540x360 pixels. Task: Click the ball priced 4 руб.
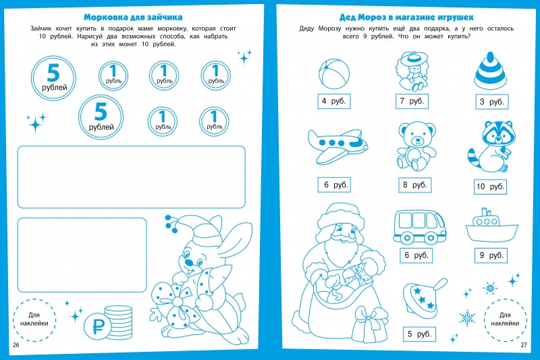333,74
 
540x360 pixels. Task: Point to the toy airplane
337,146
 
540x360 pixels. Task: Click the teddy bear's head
416,134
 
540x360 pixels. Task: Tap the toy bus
419,227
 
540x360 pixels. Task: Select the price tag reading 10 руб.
491,186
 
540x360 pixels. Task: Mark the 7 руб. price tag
412,101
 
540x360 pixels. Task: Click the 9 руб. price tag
491,255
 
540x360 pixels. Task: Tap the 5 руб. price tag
419,334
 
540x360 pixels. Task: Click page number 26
16,345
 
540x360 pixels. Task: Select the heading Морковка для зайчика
133,17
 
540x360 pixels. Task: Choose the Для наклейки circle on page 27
505,319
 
